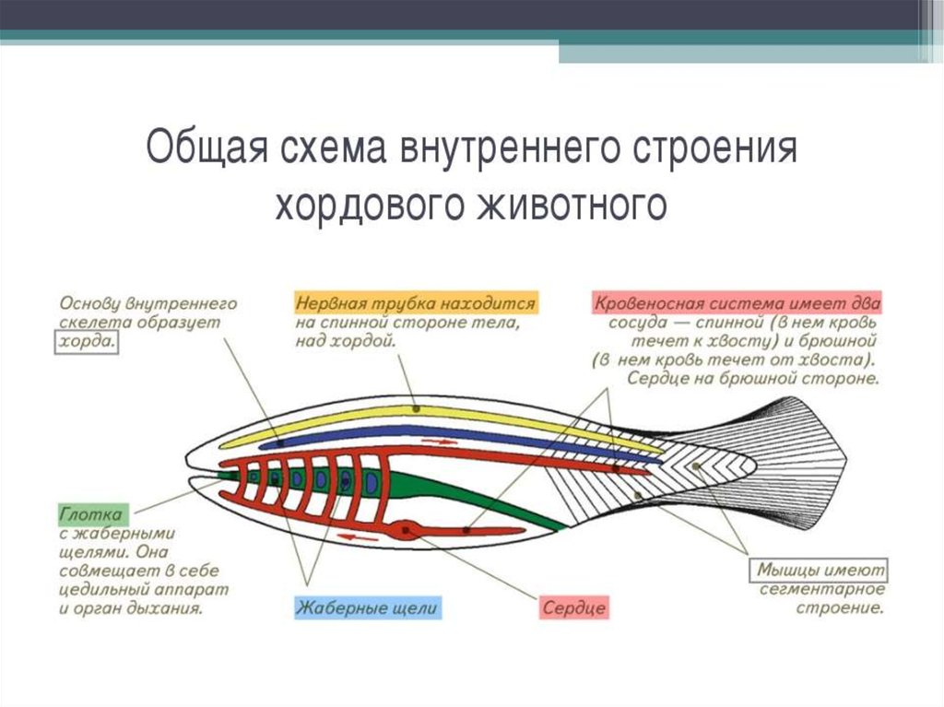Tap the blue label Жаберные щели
point(368,608)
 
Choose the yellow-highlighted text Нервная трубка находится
point(416,302)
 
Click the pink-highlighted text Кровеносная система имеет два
point(737,302)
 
